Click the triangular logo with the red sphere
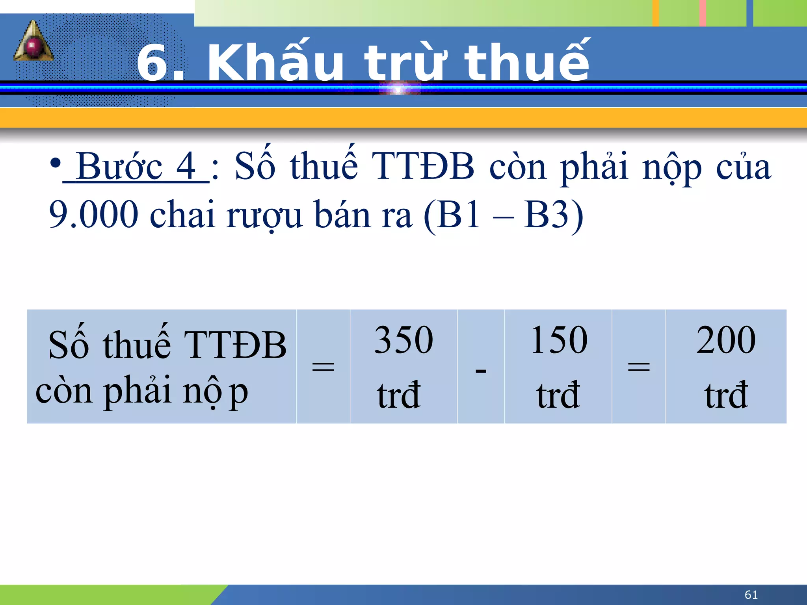point(33,43)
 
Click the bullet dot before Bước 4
point(56,163)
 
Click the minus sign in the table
point(481,371)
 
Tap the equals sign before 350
point(323,367)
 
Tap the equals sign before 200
point(639,367)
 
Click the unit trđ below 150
point(558,395)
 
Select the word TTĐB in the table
point(235,345)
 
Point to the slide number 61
point(751,595)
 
